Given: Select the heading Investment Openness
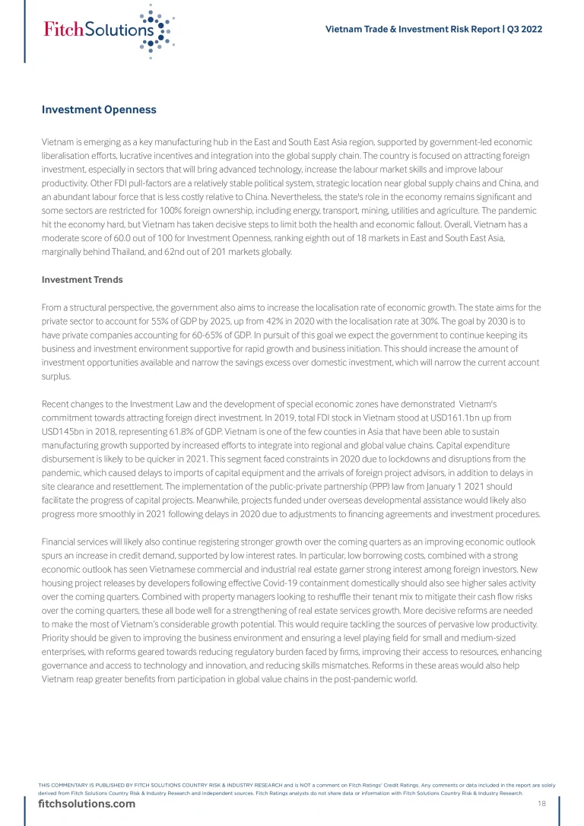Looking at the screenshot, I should click(99, 110).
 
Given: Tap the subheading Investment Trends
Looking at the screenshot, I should click(82, 280).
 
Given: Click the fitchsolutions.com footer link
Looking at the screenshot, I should click(87, 804).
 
